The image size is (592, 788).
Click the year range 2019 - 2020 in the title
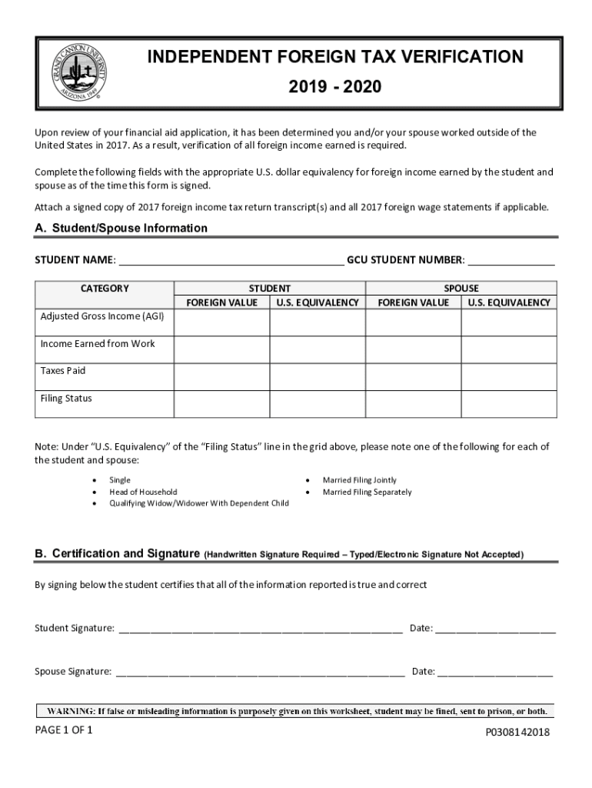click(334, 88)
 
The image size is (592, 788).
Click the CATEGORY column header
click(105, 289)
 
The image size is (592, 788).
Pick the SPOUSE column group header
click(461, 289)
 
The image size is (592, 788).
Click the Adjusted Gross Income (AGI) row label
click(102, 316)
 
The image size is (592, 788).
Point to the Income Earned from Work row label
click(98, 344)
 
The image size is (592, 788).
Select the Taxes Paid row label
click(63, 371)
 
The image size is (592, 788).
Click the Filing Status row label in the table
click(66, 399)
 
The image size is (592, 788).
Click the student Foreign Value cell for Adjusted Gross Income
click(221, 323)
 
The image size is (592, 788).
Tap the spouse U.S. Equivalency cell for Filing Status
click(508, 405)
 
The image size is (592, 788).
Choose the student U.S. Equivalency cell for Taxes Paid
click(317, 377)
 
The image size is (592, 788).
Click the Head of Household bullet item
click(143, 492)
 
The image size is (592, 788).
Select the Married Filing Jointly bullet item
click(360, 480)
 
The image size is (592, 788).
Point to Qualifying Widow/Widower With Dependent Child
click(199, 504)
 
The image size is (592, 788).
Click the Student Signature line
click(260, 628)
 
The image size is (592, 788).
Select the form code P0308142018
click(517, 733)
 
